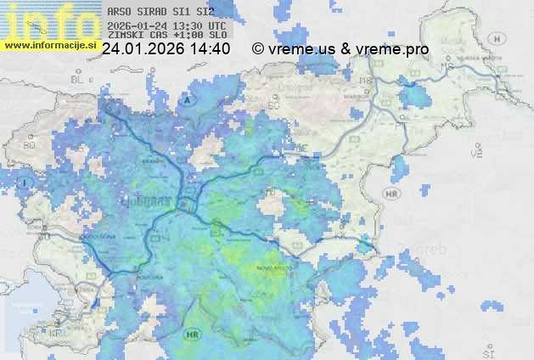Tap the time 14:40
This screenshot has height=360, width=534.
click(211, 49)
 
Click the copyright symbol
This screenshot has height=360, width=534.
click(258, 49)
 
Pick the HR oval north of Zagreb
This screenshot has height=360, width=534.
click(391, 194)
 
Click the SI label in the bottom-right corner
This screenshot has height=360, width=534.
click(487, 351)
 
